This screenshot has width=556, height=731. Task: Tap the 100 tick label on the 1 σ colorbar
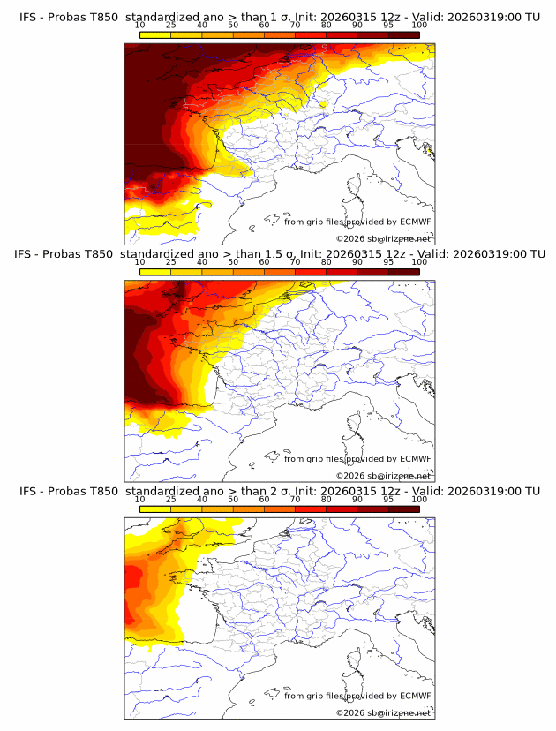pos(419,25)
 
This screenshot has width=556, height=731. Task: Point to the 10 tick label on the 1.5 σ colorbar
pos(140,262)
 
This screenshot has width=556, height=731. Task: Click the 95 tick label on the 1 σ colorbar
pos(388,25)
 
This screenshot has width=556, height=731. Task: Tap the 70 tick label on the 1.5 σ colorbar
pos(295,262)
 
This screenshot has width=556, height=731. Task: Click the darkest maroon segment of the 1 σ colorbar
pos(403,34)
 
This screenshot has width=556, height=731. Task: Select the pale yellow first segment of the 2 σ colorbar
pos(155,510)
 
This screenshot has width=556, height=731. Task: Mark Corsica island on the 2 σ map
pos(356,661)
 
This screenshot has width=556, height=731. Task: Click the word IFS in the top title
pos(29,16)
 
